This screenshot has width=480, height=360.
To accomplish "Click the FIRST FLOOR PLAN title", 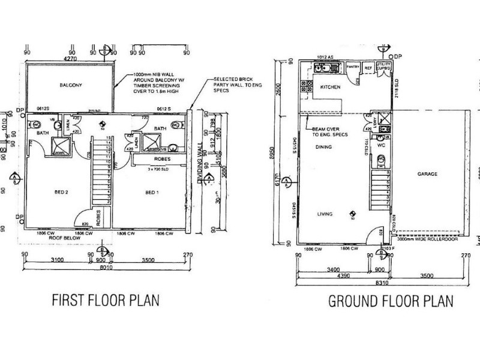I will [106, 299].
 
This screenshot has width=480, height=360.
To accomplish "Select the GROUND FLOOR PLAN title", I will [390, 301].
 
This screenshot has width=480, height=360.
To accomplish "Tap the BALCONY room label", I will [70, 85].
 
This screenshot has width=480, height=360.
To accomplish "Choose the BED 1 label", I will [151, 193].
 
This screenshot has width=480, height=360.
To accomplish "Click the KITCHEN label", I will [330, 88].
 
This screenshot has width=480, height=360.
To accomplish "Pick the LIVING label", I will [325, 213].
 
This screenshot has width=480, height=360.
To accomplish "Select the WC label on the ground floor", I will [380, 145].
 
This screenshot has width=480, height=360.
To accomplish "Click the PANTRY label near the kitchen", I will [352, 67].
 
